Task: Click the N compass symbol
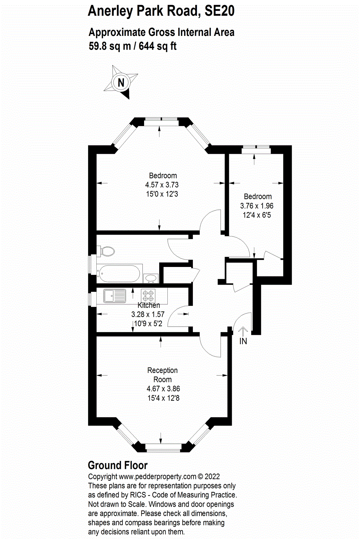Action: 121,83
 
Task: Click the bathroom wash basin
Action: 151,278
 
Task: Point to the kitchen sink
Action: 115,296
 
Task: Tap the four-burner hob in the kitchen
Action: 148,296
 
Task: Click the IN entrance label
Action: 243,341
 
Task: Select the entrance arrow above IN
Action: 243,331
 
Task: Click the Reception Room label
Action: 162,375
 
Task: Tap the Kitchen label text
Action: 149,305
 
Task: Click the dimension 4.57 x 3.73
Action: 162,185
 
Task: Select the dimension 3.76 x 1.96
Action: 257,206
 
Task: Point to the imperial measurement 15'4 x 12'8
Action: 163,398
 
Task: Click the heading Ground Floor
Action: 117,465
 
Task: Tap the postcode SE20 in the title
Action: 219,11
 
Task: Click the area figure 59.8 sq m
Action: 110,46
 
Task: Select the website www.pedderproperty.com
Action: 157,476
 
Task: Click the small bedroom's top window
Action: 255,147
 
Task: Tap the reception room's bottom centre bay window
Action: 163,448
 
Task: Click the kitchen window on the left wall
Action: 90,299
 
